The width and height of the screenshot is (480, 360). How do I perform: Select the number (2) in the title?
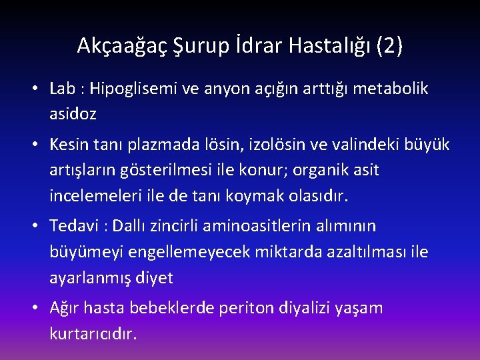coord(389,46)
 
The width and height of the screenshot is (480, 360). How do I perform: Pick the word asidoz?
coord(73,114)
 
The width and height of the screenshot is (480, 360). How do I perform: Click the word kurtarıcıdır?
coord(93,333)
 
